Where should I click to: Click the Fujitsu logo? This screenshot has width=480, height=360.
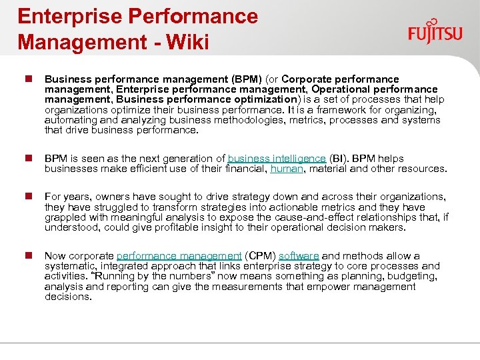click(x=435, y=31)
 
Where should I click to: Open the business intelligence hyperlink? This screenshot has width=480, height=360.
click(x=277, y=159)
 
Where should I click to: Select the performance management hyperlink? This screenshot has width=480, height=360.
click(x=179, y=256)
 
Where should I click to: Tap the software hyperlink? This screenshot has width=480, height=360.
click(x=299, y=256)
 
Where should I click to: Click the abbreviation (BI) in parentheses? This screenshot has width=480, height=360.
click(x=339, y=159)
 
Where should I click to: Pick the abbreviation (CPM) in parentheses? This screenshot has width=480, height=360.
click(x=260, y=256)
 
